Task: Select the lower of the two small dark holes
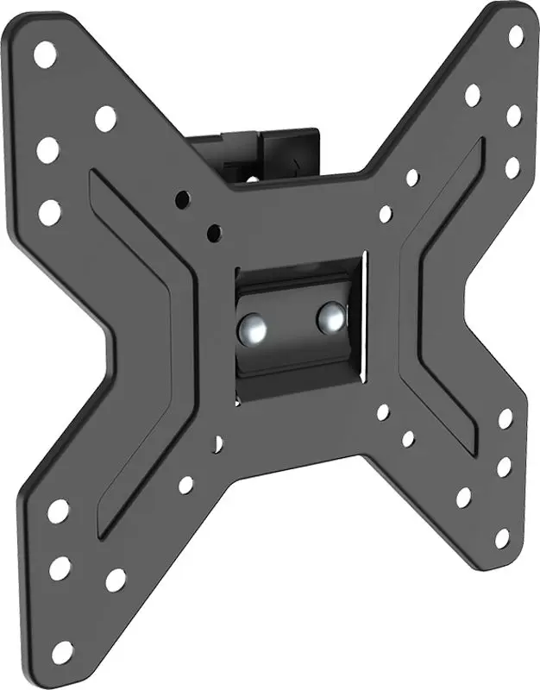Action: coord(213,231)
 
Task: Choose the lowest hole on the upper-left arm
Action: coord(50,211)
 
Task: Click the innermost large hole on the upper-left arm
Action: coord(106,118)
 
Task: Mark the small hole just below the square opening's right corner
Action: coord(382,411)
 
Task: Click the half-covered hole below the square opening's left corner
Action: coord(218,442)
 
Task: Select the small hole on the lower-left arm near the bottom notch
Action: coord(185,485)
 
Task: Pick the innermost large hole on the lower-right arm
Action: coord(463,498)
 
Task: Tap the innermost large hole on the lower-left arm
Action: coord(115,580)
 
